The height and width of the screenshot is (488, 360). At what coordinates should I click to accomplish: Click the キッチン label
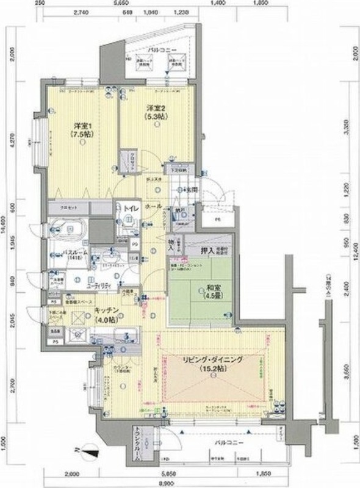[105, 311]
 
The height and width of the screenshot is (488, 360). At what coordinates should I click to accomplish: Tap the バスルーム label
[59, 252]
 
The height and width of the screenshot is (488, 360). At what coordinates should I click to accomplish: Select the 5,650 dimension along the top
[129, 3]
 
